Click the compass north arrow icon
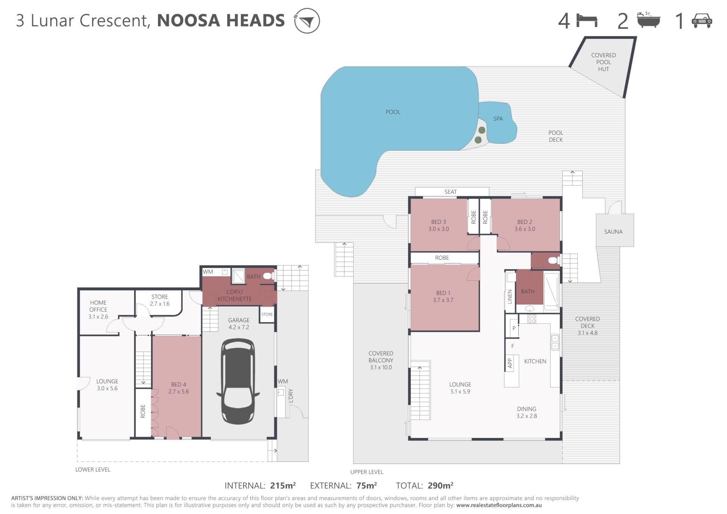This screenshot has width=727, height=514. [307, 20]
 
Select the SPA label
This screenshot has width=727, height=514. [498, 119]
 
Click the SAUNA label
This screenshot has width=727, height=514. [613, 232]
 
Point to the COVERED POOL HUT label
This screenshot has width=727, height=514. [604, 62]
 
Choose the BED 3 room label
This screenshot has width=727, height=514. [438, 222]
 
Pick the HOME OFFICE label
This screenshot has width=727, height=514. [98, 306]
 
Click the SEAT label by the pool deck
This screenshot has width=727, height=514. [451, 192]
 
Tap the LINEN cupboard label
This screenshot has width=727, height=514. [510, 297]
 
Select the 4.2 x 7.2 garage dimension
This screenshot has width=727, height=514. [239, 327]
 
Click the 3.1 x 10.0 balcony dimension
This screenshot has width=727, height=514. [381, 367]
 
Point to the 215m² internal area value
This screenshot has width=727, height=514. [283, 486]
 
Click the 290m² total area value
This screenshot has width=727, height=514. [440, 486]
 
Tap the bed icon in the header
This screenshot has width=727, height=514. [587, 20]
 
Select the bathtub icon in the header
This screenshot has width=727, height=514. [648, 20]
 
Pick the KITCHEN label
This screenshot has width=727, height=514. [535, 361]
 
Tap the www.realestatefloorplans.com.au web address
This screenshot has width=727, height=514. [499, 505]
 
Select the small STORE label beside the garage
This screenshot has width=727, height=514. [267, 314]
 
